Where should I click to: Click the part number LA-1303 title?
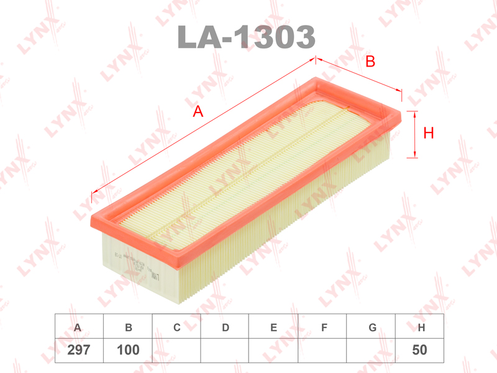point(246,37)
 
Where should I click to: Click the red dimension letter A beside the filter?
point(198,111)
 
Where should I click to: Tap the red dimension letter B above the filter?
point(370,61)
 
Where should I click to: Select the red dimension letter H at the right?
point(429,133)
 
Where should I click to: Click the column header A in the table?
point(77,328)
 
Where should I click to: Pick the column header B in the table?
point(129,328)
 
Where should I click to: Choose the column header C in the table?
point(177,328)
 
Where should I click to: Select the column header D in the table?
point(226,328)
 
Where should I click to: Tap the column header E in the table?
point(274,328)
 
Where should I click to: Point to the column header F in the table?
point(324,328)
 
